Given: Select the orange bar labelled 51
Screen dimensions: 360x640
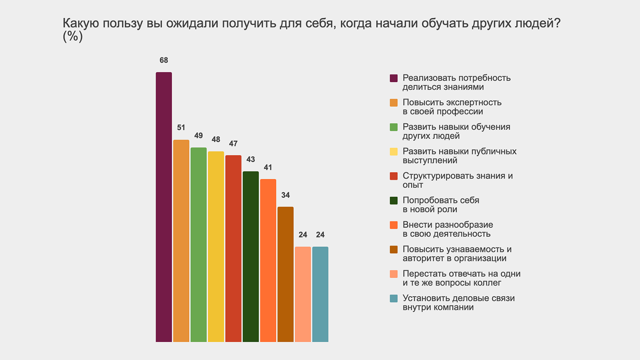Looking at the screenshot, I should (x=181, y=241).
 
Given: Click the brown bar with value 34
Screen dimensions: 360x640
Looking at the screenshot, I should (x=286, y=274).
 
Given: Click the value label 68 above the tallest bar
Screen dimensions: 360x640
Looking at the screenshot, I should (x=164, y=60).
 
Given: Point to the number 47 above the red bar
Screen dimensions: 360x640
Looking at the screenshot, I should (x=233, y=143).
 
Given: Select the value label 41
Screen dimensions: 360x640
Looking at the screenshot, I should (x=268, y=168).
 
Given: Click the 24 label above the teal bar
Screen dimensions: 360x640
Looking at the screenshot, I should (x=320, y=235).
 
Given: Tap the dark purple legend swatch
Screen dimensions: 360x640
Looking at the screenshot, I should (x=394, y=78).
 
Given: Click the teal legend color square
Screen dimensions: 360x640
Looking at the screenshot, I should (x=394, y=298).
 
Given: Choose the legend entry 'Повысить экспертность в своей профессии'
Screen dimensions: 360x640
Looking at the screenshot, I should (x=452, y=107).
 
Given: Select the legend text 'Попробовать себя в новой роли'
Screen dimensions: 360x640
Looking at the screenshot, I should (x=441, y=205).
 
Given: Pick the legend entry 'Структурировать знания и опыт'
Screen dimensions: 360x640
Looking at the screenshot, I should (x=457, y=180).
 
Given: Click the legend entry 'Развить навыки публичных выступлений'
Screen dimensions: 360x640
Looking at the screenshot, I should (x=459, y=155).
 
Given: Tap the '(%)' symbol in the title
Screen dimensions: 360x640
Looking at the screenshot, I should (x=73, y=37).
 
